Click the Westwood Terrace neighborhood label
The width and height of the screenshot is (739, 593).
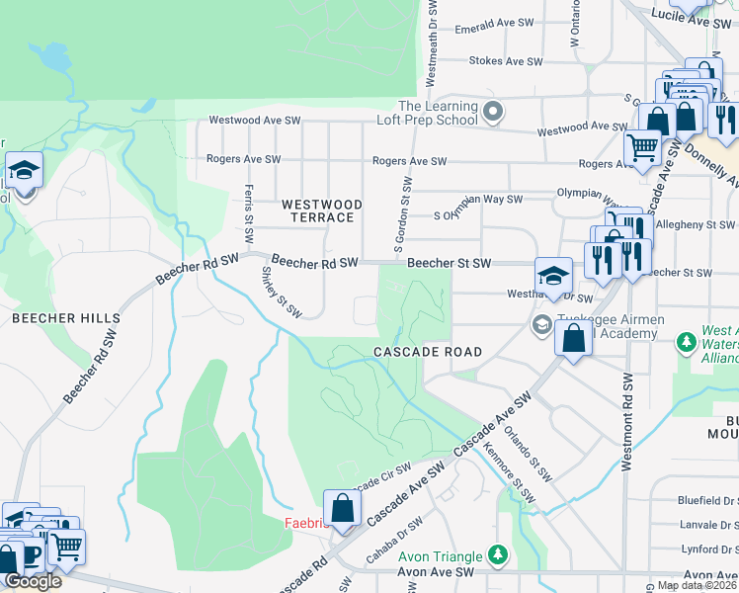(322, 211)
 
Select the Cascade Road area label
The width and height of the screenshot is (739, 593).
(428, 352)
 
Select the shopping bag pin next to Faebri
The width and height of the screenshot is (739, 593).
(342, 510)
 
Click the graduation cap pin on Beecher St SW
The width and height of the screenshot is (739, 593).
(554, 277)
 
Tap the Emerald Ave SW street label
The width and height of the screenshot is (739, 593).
(494, 30)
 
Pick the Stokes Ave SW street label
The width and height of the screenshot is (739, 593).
(507, 61)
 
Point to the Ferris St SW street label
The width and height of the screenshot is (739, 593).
(249, 217)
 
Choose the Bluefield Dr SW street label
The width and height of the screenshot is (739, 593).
(706, 503)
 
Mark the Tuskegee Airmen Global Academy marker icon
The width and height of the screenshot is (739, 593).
(541, 324)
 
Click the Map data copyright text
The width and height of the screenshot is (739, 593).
(697, 585)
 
